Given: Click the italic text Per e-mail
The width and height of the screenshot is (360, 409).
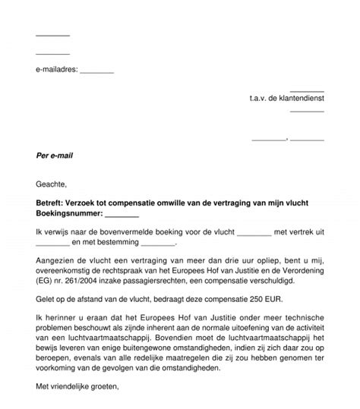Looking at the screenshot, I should pyautogui.click(x=55, y=156).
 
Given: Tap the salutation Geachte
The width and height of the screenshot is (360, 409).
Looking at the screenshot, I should pyautogui.click(x=51, y=184).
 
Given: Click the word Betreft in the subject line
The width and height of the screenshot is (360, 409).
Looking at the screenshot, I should pyautogui.click(x=50, y=205).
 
